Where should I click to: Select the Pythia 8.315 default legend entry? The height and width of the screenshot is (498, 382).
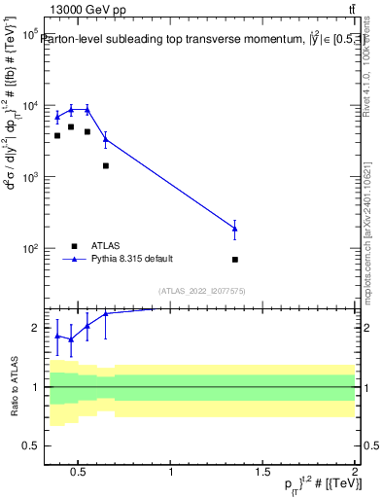click(x=132, y=259)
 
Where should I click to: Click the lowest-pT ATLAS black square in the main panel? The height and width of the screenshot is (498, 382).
click(x=57, y=135)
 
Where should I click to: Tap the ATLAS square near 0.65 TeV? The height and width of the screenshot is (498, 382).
click(x=106, y=165)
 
